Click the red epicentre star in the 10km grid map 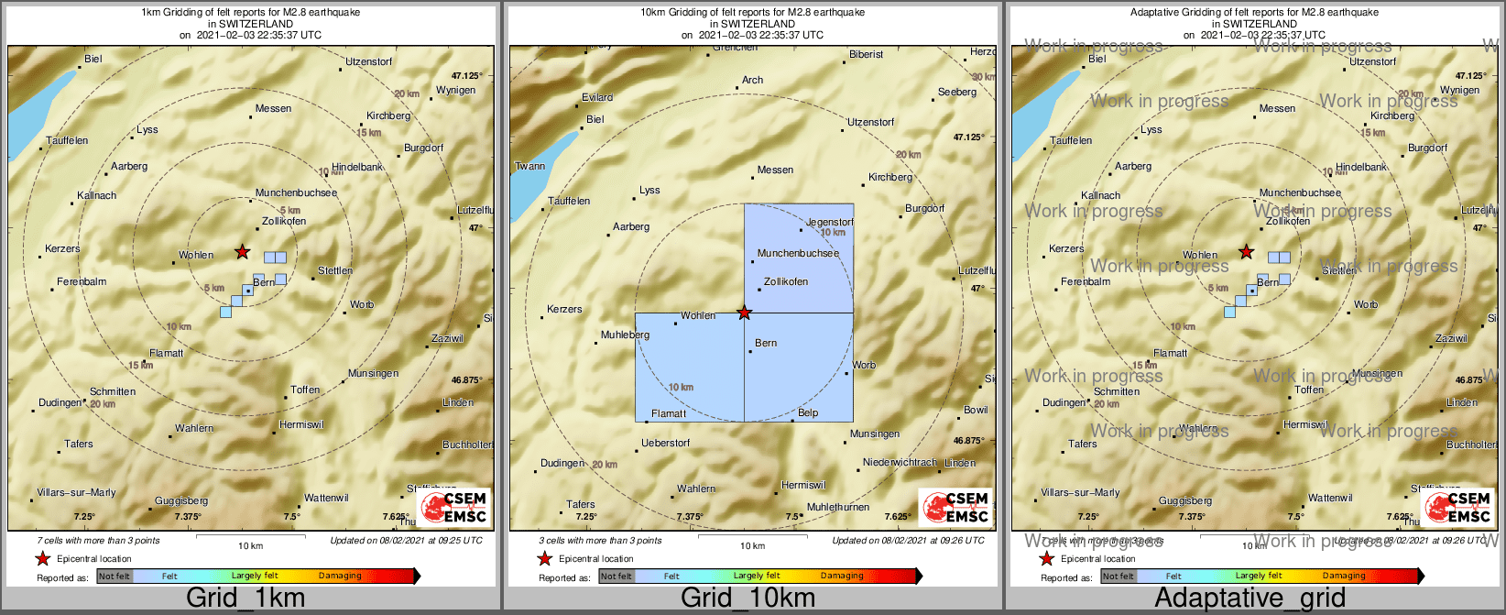[x=745, y=313]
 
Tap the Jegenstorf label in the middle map [x=829, y=223]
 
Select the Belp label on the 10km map [x=807, y=413]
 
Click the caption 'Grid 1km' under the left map [x=245, y=599]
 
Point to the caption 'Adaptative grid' [x=1250, y=599]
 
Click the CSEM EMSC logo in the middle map [x=956, y=508]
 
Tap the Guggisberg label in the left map [x=181, y=501]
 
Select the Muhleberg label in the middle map [x=625, y=335]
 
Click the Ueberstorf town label [x=665, y=444]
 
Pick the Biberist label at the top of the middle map [x=866, y=55]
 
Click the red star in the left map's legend [x=42, y=558]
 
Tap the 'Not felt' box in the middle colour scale [x=617, y=577]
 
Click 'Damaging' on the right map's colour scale [x=1344, y=577]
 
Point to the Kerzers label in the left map [x=62, y=249]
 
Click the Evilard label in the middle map [x=597, y=97]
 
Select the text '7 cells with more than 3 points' [x=98, y=541]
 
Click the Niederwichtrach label [x=899, y=463]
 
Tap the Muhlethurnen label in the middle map [x=837, y=508]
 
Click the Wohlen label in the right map [x=1200, y=256]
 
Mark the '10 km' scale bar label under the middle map [x=752, y=546]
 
